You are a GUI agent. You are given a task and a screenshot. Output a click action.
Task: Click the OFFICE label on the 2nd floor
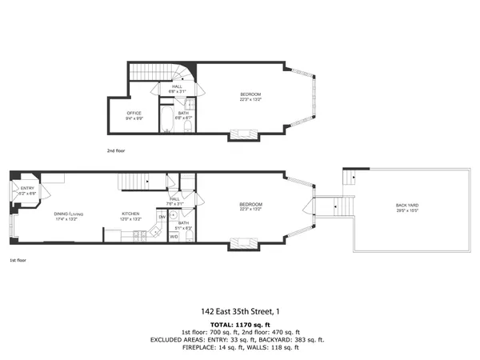(x=134, y=113)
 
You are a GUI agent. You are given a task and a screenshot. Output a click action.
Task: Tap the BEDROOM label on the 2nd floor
(x=250, y=94)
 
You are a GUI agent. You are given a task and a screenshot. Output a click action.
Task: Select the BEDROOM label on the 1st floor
(x=250, y=205)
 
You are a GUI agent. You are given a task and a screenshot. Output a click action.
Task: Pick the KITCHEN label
(x=130, y=214)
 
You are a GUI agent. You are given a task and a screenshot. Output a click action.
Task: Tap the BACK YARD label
(x=406, y=206)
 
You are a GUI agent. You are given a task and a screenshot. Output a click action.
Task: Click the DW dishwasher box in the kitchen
(x=162, y=217)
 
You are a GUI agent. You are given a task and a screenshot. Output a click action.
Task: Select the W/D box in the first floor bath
(x=174, y=236)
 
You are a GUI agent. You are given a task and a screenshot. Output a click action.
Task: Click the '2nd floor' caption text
(x=116, y=150)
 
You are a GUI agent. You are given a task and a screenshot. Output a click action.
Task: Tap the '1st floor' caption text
(x=18, y=260)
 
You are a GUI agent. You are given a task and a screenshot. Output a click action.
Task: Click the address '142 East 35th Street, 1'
(x=239, y=312)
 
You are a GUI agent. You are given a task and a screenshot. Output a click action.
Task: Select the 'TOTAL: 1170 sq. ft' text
(x=239, y=323)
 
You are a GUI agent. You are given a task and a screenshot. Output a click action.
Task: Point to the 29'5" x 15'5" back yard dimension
(x=406, y=211)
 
